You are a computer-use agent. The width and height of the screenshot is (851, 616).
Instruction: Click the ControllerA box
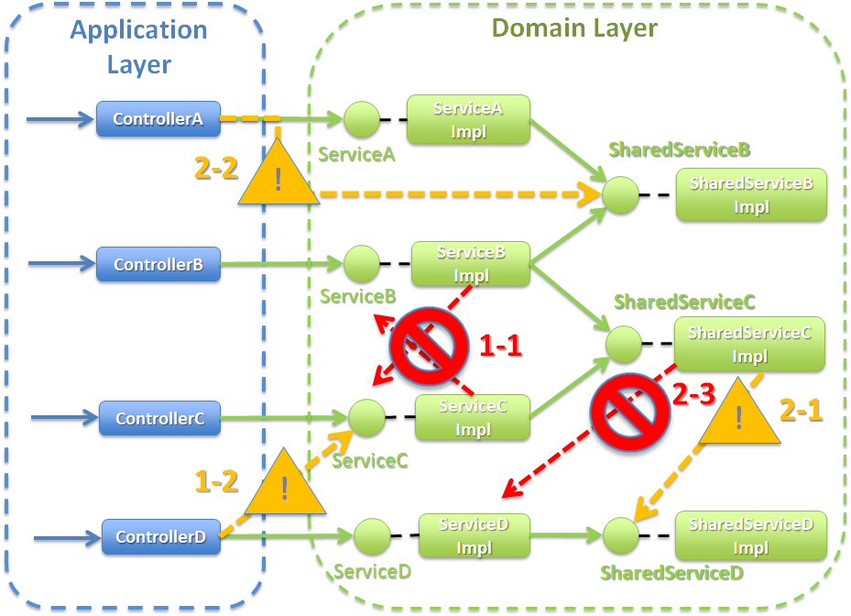point(158,119)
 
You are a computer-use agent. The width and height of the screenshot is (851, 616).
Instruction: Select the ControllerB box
point(158,265)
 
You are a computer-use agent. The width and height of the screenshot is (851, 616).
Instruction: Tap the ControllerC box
point(159,419)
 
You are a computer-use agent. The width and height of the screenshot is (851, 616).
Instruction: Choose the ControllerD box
point(160,537)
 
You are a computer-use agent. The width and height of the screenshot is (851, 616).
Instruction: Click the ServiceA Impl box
point(468,120)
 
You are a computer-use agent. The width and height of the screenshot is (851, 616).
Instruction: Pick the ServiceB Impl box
point(471,264)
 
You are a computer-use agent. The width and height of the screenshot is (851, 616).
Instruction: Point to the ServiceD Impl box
point(474,536)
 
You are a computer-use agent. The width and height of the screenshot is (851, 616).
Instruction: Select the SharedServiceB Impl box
point(751,195)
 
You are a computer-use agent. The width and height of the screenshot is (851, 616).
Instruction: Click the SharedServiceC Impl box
point(749,345)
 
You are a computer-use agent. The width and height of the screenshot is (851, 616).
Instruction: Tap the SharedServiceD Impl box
point(750,536)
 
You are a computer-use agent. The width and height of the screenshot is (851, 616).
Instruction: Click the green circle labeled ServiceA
point(361,119)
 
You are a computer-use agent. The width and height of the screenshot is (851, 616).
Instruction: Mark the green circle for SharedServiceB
point(620,195)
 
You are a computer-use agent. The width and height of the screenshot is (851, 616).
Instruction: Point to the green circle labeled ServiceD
point(372,536)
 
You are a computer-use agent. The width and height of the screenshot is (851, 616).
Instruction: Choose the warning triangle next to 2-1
point(738,413)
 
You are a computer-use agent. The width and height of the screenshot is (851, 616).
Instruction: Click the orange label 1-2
point(216,479)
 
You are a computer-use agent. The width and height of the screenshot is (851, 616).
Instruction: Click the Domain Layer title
point(574,27)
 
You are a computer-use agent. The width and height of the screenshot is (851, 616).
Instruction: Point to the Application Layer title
point(139,46)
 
